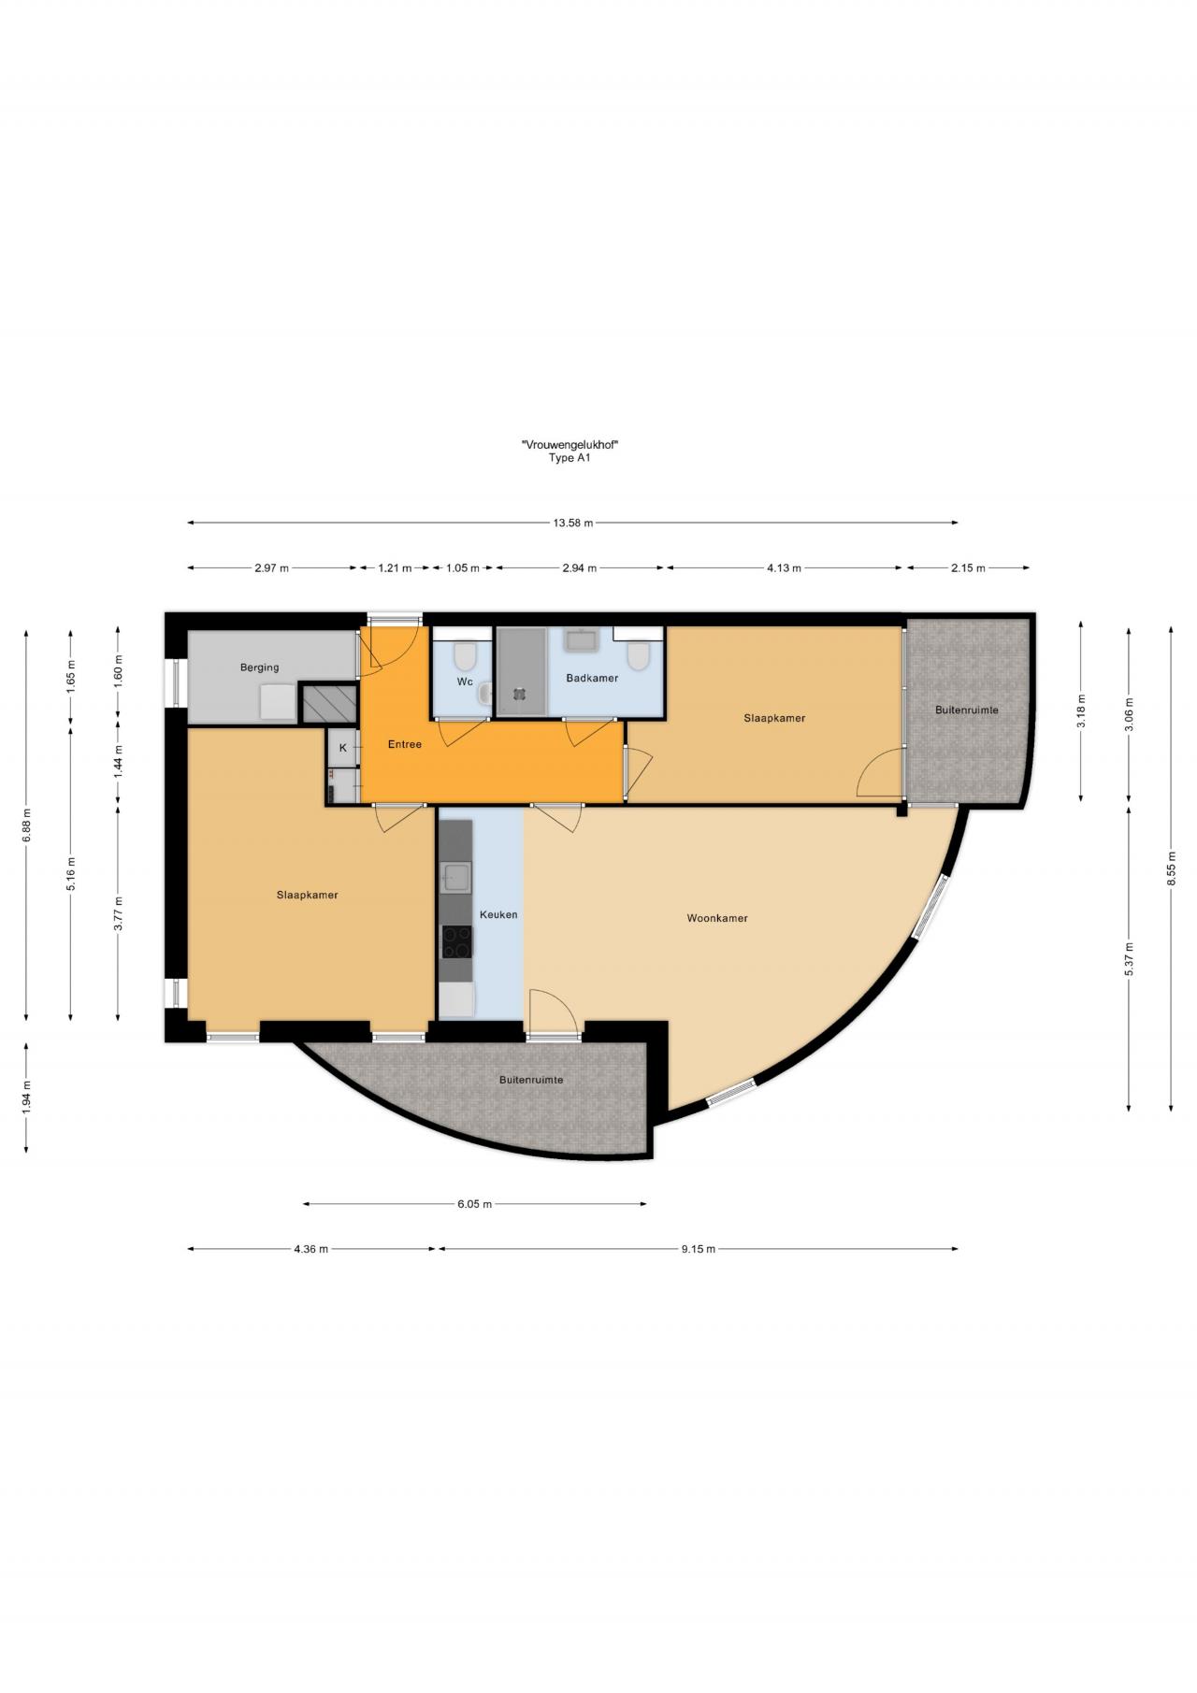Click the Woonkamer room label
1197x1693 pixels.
pos(717,918)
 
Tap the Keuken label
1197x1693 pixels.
pos(498,914)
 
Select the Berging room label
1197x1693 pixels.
pos(259,667)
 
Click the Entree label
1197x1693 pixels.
pos(405,744)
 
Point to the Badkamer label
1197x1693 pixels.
pos(592,678)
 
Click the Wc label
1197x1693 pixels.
pos(465,682)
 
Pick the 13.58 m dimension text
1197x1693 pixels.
pos(572,523)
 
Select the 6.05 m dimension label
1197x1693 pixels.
pos(474,1204)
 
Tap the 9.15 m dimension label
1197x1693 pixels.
pos(698,1248)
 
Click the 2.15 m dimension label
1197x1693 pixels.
pos(967,567)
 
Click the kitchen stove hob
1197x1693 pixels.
pos(457,941)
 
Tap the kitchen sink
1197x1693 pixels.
pos(457,876)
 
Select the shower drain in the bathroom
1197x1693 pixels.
pos(519,694)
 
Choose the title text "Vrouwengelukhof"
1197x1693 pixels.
pos(570,445)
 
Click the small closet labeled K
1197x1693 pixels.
pos(343,748)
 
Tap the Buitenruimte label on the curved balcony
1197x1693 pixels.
pos(531,1079)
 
